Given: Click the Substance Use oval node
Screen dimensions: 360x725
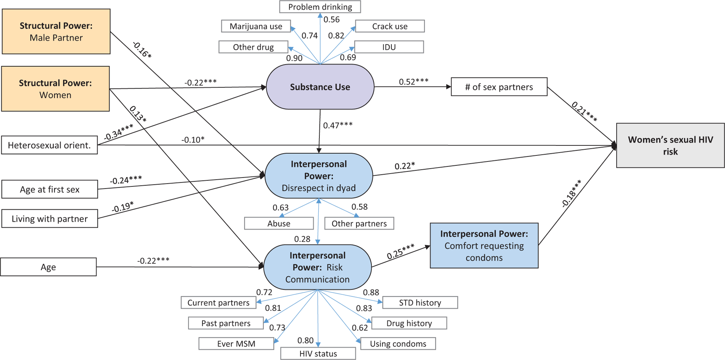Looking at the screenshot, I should pyautogui.click(x=320, y=87).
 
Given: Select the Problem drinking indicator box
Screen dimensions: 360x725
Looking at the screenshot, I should pyautogui.click(x=320, y=7).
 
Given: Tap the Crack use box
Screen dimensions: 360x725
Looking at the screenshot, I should pyautogui.click(x=389, y=26).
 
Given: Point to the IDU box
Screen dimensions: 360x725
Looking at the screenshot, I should pyautogui.click(x=389, y=47).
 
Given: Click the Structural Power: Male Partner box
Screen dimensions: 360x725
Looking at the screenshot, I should pyautogui.click(x=56, y=31).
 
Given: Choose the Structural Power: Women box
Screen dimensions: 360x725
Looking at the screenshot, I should pyautogui.click(x=55, y=89).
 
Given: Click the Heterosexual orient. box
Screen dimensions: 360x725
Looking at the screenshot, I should pyautogui.click(x=49, y=145).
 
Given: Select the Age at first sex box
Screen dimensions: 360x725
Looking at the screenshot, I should pyautogui.click(x=50, y=189).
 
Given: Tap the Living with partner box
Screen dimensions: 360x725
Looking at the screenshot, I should pyautogui.click(x=50, y=219).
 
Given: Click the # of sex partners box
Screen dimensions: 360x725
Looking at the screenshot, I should pyautogui.click(x=499, y=87).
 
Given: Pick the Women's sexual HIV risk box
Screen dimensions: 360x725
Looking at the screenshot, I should pyautogui.click(x=670, y=145).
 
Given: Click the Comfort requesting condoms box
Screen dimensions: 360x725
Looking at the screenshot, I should pyautogui.click(x=484, y=246).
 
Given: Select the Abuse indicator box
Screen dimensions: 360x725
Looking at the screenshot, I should pyautogui.click(x=279, y=223).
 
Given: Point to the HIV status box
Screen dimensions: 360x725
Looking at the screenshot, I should pyautogui.click(x=318, y=354).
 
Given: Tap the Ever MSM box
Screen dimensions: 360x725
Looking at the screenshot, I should pyautogui.click(x=236, y=343).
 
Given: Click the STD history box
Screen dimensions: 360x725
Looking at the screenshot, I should pyautogui.click(x=420, y=302).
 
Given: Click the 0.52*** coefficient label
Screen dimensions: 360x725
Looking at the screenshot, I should pyautogui.click(x=414, y=82).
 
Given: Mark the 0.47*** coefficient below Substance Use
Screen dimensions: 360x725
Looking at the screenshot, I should pyautogui.click(x=338, y=125).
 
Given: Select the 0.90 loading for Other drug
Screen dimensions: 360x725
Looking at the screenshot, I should pyautogui.click(x=294, y=58).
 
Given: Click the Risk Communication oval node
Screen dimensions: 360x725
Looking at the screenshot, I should pyautogui.click(x=317, y=267).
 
